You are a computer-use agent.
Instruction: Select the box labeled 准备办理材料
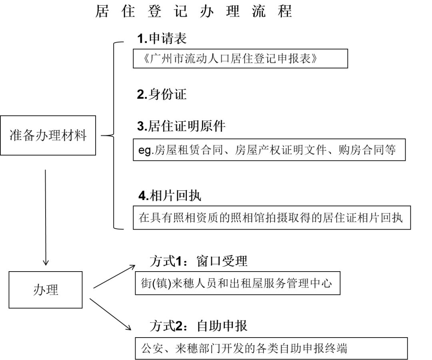coord(48,135)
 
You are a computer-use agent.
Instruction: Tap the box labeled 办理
coord(46,290)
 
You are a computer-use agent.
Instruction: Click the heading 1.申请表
coord(162,38)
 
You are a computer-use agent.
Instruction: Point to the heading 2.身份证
coord(162,94)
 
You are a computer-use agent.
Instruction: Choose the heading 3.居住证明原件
coord(181,126)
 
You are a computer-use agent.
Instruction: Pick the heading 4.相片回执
coord(170,196)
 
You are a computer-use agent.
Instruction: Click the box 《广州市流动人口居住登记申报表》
coord(240,59)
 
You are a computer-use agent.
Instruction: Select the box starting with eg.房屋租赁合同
coord(269,150)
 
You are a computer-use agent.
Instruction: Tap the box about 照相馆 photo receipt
coord(272,218)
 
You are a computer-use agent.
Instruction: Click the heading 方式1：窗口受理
coord(198,261)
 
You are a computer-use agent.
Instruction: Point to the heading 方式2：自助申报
coord(198,326)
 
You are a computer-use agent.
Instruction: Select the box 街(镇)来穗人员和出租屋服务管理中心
coord(238,284)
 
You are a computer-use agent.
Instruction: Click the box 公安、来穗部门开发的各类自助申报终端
coord(271,348)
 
